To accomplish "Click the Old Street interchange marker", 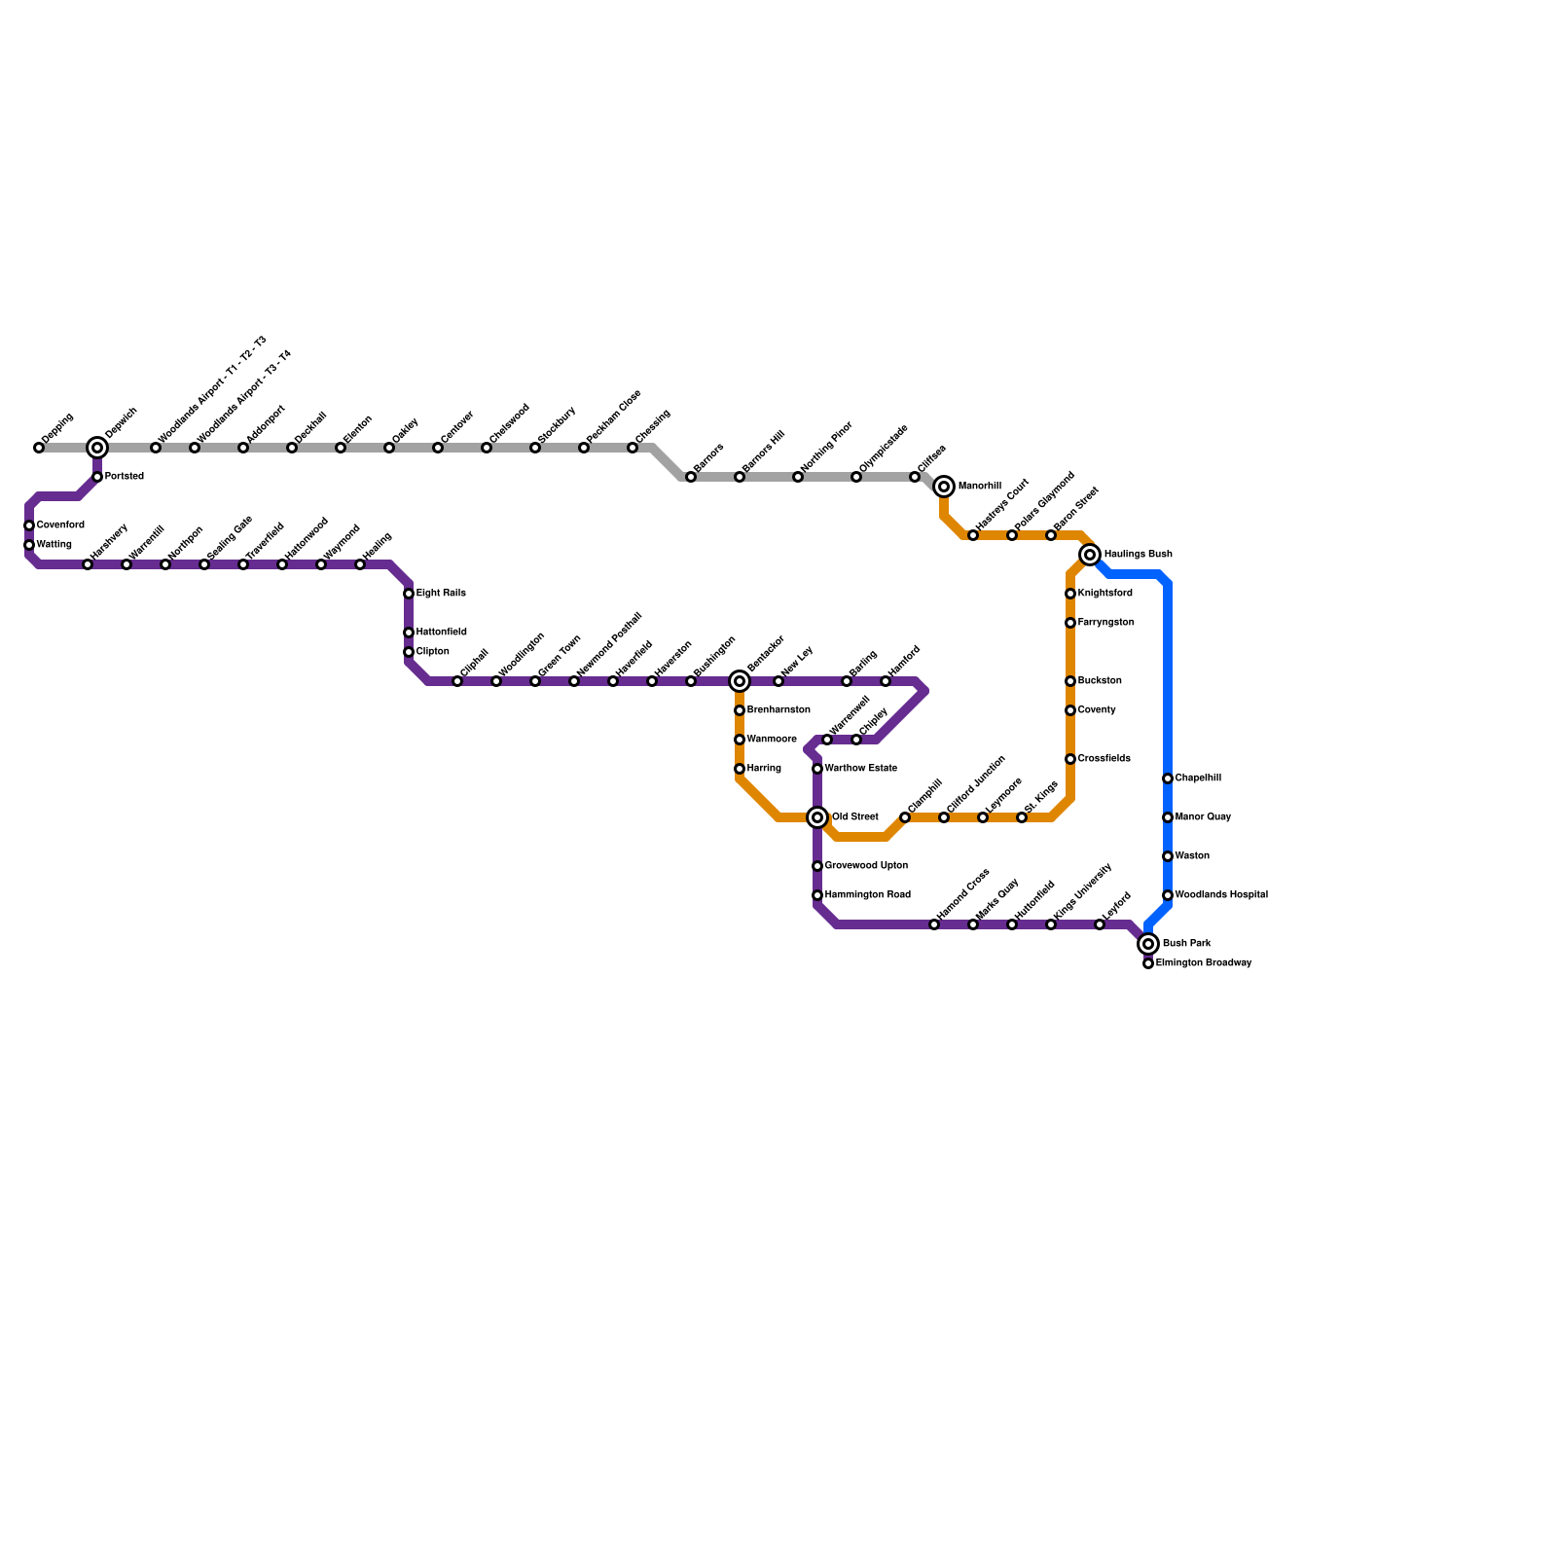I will (x=817, y=817).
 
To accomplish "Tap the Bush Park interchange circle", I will (x=1148, y=944).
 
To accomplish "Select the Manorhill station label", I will (x=979, y=487).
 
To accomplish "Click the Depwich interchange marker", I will (x=97, y=448).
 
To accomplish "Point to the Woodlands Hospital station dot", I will (x=1168, y=895).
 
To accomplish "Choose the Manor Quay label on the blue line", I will (x=1203, y=817).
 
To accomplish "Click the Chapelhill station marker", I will (x=1168, y=778).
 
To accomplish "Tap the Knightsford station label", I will (x=1104, y=594).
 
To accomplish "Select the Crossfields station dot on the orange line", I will (x=1070, y=759).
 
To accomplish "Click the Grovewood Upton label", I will (x=866, y=866).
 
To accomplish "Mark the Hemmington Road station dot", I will (x=817, y=895).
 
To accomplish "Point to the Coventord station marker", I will (x=29, y=525).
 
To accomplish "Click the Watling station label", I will (x=54, y=545).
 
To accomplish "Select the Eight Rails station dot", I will (x=409, y=594).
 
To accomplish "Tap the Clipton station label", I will (x=432, y=652).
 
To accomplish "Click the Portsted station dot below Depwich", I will (x=97, y=477).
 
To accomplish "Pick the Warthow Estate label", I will (x=860, y=769).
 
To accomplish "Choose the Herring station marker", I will (x=740, y=769).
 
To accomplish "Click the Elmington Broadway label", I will (x=1203, y=963).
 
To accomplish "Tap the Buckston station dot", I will (x=1070, y=681).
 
